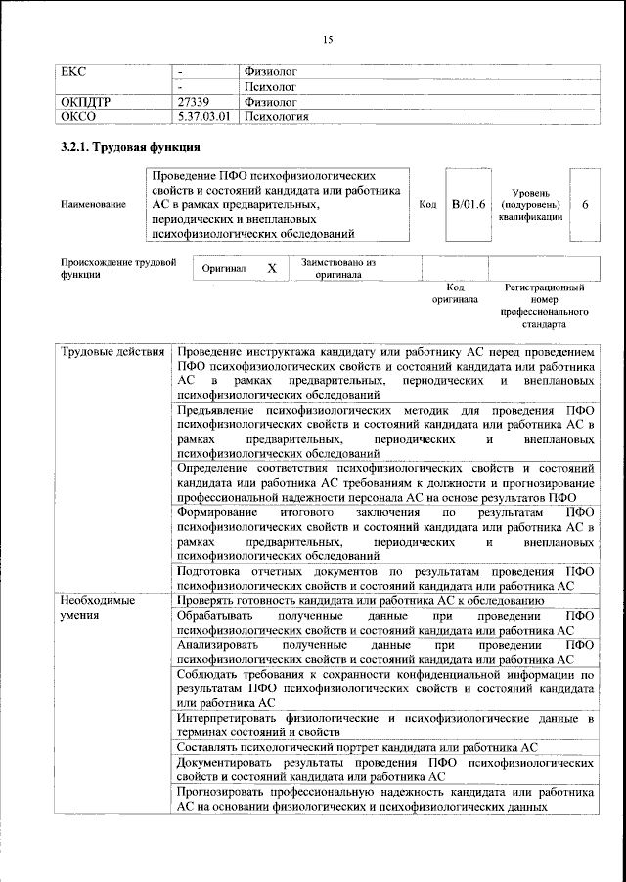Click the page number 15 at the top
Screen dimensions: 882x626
[x=328, y=38]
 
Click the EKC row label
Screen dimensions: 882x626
[x=74, y=72]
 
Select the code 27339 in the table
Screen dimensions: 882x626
[x=195, y=101]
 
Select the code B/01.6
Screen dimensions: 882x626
[x=468, y=204]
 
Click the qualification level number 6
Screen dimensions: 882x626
[x=584, y=204]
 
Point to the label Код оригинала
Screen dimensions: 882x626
[x=455, y=293]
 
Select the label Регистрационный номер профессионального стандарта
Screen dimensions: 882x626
[x=544, y=305]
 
